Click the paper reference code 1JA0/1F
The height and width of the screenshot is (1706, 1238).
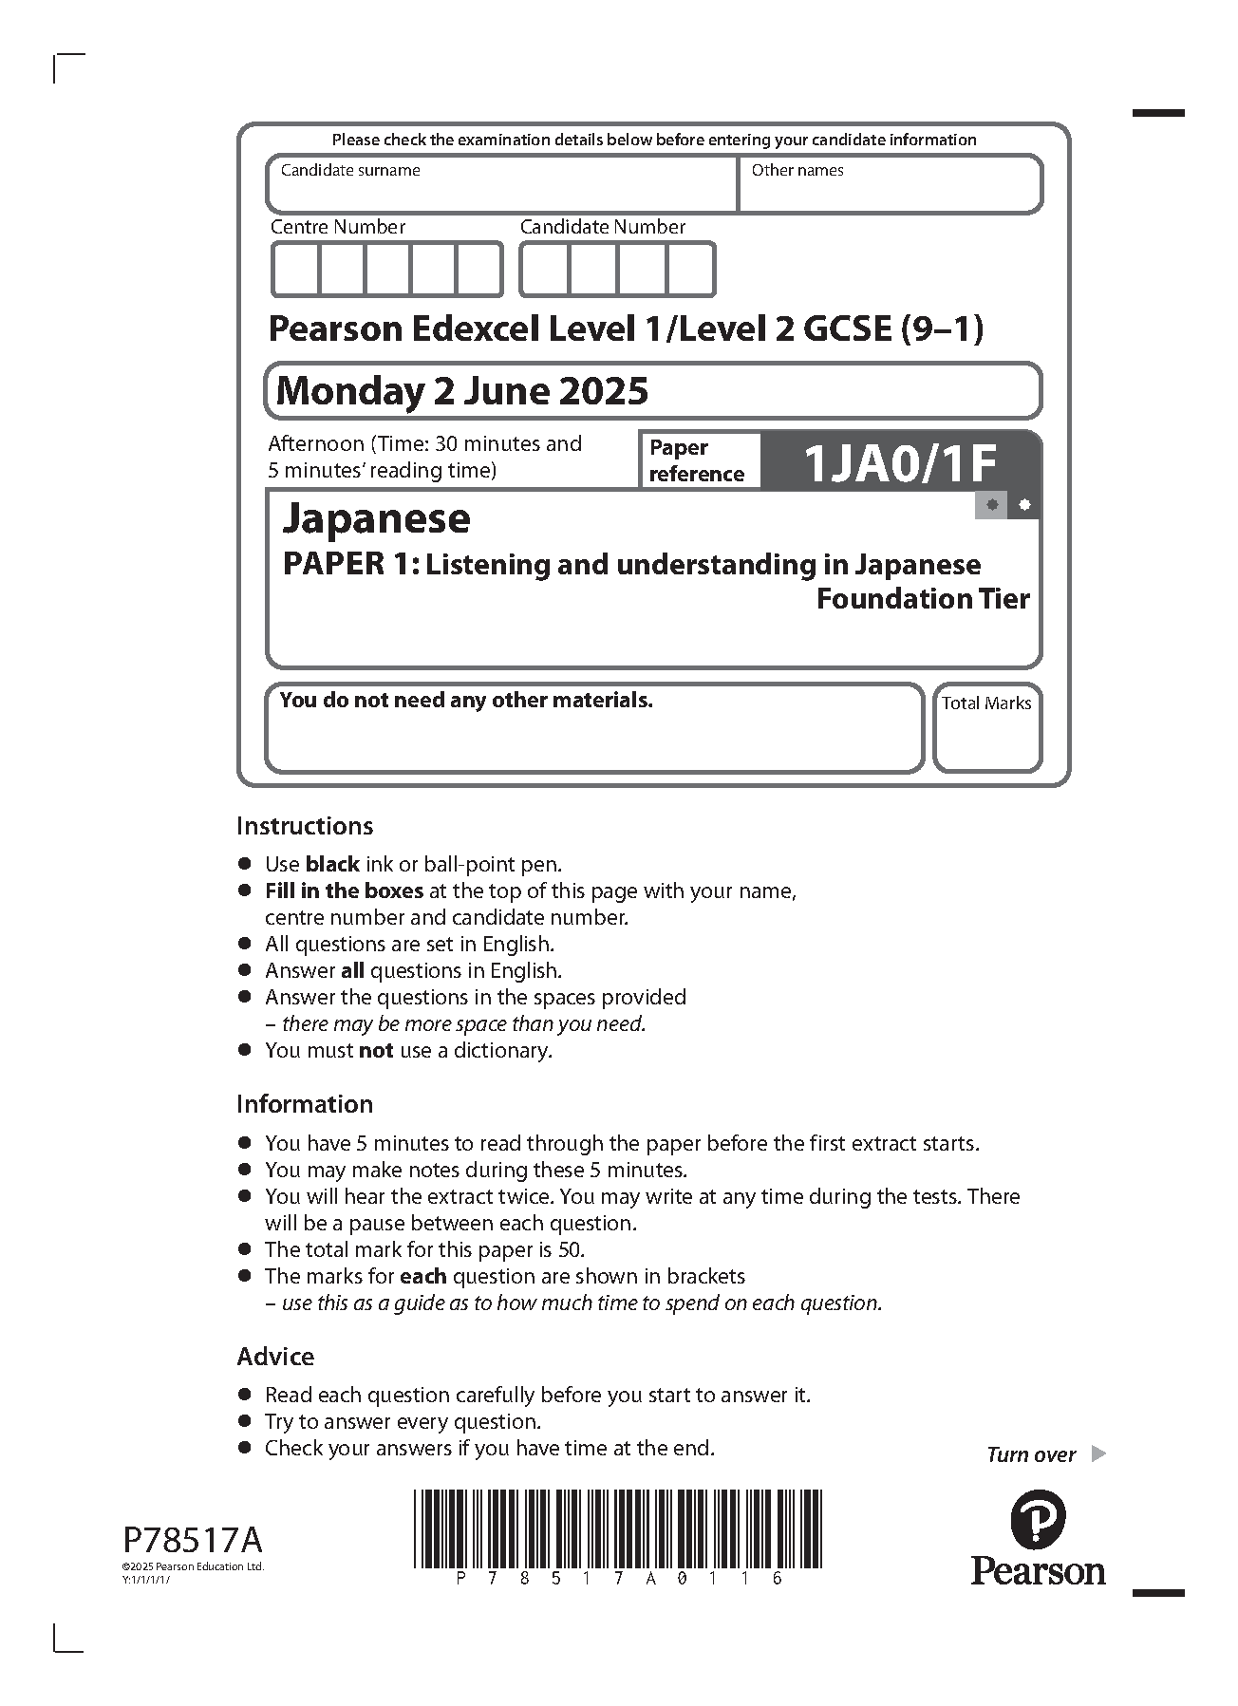click(x=899, y=464)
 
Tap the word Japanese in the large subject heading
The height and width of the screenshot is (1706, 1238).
click(x=377, y=518)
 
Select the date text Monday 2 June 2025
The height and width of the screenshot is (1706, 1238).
click(x=462, y=390)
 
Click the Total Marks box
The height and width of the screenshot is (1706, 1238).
click(x=986, y=728)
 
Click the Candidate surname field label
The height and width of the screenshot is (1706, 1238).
click(x=350, y=171)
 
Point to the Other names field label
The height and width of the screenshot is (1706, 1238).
click(x=797, y=171)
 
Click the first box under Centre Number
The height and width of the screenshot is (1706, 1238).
click(x=295, y=270)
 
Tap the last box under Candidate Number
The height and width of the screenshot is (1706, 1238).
click(x=690, y=270)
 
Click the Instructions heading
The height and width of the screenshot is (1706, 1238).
click(x=305, y=826)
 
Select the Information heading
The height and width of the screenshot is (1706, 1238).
click(x=305, y=1104)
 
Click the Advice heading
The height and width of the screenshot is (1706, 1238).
click(x=275, y=1357)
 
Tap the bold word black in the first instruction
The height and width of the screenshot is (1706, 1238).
click(x=332, y=865)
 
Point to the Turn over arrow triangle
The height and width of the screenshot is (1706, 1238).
click(x=1098, y=1453)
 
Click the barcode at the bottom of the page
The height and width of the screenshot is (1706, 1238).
click(x=617, y=1528)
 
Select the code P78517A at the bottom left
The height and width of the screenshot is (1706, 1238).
click(x=193, y=1538)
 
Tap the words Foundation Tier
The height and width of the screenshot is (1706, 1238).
click(x=923, y=599)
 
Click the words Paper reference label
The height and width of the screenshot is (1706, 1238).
click(x=696, y=460)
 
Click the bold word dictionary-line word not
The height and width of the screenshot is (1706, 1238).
click(x=376, y=1051)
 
